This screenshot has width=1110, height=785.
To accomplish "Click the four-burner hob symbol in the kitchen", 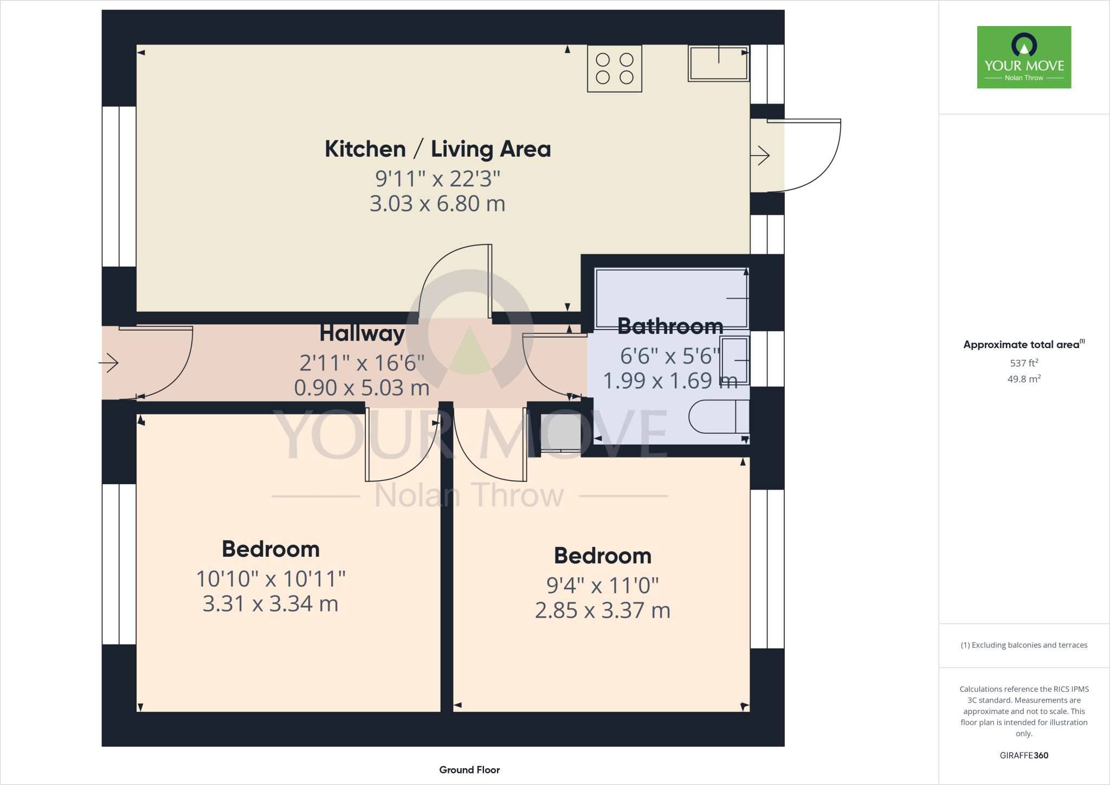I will (x=615, y=69).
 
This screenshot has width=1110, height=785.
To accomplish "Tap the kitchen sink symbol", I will (x=718, y=63).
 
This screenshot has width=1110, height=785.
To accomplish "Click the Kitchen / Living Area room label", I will (x=437, y=149).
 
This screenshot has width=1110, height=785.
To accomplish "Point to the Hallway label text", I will (x=362, y=333).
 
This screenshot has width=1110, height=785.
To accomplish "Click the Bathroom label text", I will (x=670, y=326).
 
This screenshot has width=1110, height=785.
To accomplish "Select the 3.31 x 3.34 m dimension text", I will (x=270, y=604).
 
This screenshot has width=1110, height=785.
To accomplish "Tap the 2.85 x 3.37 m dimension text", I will (x=602, y=610).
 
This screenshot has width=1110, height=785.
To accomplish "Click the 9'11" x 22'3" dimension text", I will (x=437, y=178).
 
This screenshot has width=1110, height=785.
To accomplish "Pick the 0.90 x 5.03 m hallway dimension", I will (x=362, y=388).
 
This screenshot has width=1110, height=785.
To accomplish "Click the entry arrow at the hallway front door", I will (x=109, y=363).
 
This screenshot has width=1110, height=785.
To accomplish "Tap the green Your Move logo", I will (x=1024, y=57).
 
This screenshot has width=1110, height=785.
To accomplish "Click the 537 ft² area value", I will (x=1024, y=363).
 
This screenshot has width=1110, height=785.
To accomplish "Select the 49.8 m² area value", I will (x=1024, y=379).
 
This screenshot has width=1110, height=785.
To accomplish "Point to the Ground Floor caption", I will (x=469, y=770).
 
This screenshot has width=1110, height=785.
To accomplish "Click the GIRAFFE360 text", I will (x=1024, y=755).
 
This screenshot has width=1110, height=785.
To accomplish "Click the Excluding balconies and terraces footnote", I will (x=1024, y=645).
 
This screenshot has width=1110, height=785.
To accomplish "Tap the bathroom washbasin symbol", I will (x=734, y=361).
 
